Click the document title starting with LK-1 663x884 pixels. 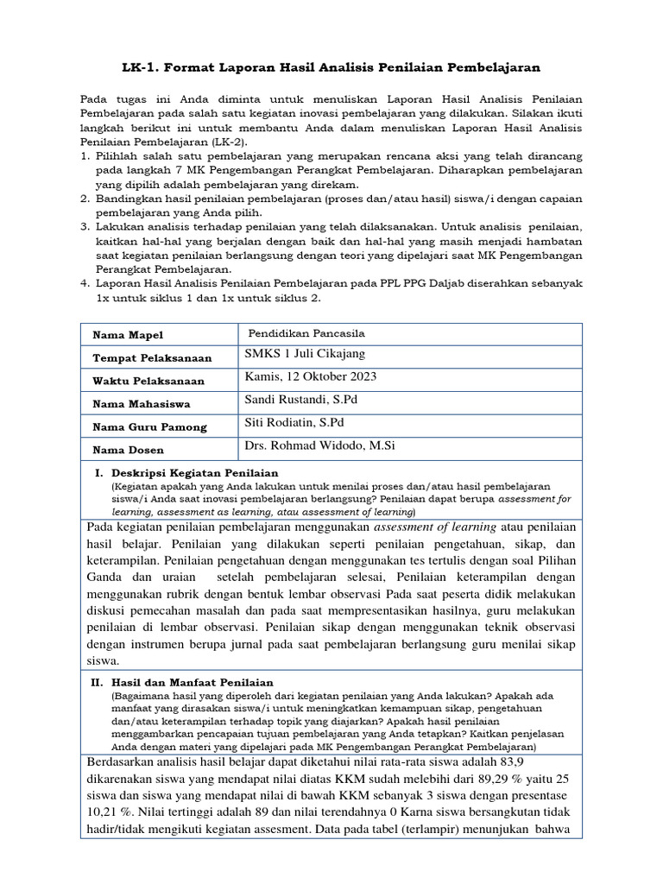(x=331, y=66)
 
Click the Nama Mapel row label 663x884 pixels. (x=128, y=335)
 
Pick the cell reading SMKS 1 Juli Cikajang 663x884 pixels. (x=305, y=355)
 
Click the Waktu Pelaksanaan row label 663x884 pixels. (x=148, y=381)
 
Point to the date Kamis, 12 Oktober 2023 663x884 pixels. (x=311, y=377)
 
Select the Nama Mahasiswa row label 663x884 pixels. (x=142, y=404)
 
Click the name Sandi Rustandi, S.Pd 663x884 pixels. (x=301, y=401)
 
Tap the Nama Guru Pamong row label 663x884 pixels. (x=150, y=427)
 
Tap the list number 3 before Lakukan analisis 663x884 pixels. (x=85, y=226)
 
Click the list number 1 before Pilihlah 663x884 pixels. (x=85, y=156)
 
